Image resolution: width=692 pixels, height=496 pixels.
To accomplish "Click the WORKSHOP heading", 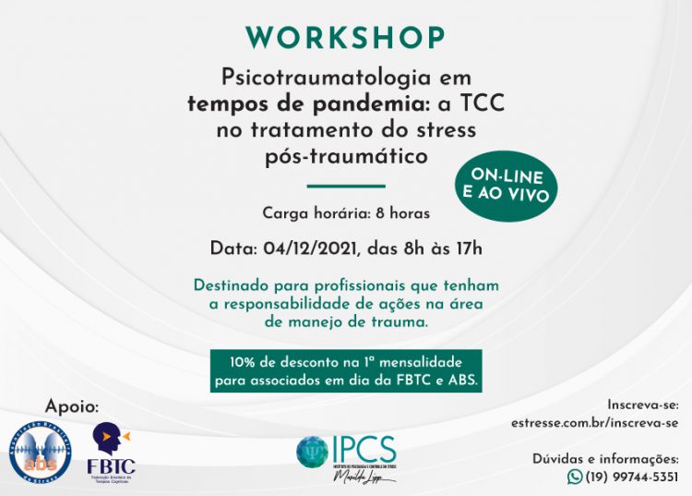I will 346,38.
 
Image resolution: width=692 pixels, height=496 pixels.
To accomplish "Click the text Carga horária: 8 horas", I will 346,213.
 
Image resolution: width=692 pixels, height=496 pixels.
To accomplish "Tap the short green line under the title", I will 344,185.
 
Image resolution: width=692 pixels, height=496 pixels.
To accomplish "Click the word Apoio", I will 71,405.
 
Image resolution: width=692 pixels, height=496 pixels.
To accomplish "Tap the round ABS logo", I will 40,450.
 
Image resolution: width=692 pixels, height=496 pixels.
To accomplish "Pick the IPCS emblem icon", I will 312,451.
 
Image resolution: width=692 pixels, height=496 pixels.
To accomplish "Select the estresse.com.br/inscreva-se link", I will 594,423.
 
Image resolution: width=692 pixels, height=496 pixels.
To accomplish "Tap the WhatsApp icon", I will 576,477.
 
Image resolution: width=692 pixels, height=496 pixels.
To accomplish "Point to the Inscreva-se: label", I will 643,405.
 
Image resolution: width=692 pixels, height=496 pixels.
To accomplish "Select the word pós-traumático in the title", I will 346,157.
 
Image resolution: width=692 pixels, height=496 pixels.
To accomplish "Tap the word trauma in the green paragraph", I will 395,321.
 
